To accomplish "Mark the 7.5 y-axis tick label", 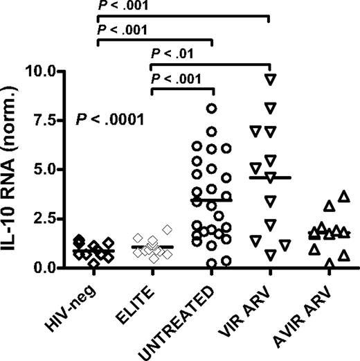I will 63,120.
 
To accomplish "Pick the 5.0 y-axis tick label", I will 63,169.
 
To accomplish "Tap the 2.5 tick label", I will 63,218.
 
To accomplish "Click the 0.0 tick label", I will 63,267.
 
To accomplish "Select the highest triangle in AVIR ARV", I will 341,196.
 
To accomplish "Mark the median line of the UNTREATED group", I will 211,200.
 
